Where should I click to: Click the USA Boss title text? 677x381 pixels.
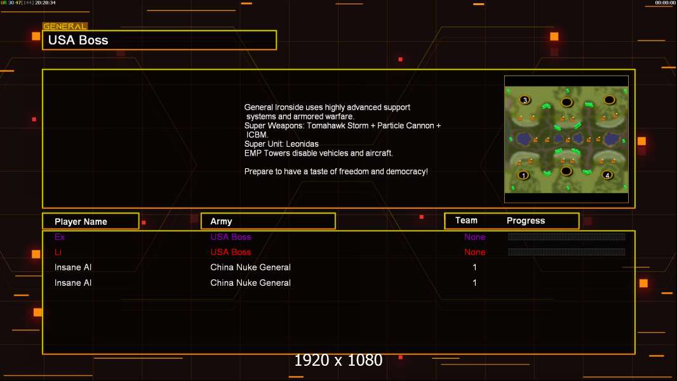(x=78, y=40)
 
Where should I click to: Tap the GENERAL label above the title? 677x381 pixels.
(x=65, y=26)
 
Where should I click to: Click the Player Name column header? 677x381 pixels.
(x=81, y=222)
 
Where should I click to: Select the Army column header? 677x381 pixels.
(x=221, y=222)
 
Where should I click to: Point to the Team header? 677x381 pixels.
(x=466, y=220)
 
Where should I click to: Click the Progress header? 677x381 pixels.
(x=525, y=220)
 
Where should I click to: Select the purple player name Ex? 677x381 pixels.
(x=60, y=237)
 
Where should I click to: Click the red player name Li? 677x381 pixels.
(x=58, y=252)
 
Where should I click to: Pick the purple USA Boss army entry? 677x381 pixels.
(x=231, y=237)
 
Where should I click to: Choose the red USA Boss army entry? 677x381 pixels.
(x=231, y=252)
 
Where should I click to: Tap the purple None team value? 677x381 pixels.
(x=474, y=237)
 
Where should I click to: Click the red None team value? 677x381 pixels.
(x=474, y=252)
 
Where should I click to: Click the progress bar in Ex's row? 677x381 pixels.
(x=566, y=236)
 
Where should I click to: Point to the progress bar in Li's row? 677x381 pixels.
(x=566, y=251)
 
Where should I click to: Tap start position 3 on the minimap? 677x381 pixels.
(x=525, y=100)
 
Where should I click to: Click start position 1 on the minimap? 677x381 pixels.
(x=523, y=176)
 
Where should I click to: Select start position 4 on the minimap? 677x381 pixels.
(x=607, y=175)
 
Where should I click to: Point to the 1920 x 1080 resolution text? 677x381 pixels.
(x=338, y=360)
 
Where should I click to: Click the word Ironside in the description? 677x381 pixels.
(x=289, y=107)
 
